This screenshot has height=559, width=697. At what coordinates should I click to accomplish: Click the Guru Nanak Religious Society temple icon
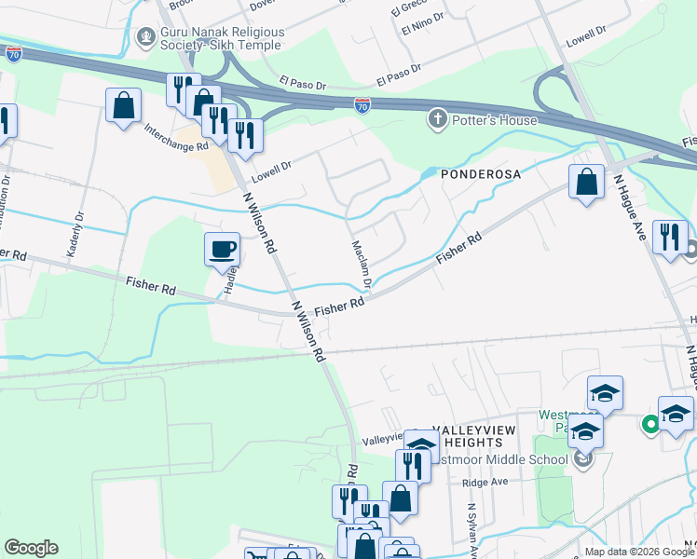pos(145,38)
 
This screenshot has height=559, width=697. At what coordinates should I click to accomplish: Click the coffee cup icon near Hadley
pos(223,249)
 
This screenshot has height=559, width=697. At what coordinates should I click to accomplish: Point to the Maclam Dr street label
pos(362,265)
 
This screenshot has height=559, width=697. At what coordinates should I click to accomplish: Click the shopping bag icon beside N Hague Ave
pos(587,183)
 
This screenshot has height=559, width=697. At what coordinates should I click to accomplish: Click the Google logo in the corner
pos(30,548)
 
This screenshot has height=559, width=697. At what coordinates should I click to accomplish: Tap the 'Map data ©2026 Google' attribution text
pos(639,552)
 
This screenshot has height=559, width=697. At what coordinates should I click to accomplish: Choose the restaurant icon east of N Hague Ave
pos(670,236)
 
